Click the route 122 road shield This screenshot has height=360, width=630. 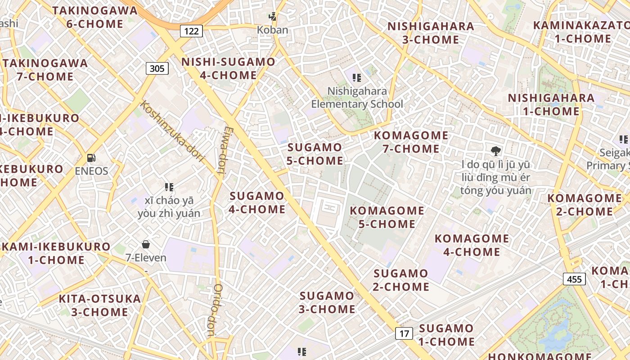pos(191,31)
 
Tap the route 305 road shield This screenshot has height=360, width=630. pos(157,68)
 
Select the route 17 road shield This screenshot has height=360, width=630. pos(404,333)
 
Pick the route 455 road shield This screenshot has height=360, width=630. pos(574,279)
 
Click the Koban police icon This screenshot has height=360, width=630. pos(272,17)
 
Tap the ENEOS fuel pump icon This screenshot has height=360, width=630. pos(91,158)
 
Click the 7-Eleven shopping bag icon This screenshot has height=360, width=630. pos(146,244)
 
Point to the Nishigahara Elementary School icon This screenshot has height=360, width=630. pos(357,78)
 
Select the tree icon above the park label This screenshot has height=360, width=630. pos(496,151)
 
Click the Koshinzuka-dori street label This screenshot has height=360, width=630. pos(172,132)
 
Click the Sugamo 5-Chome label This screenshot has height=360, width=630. pos(315,154)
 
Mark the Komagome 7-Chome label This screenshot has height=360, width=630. pos(411,142)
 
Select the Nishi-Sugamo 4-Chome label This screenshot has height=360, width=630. pos(228,68)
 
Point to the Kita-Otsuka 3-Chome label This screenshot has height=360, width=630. pos(100,305)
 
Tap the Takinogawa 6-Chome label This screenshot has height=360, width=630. pos(95,17)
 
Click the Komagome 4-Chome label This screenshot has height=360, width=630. pos(472,245)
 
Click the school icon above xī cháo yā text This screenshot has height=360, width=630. pos(169,187)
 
